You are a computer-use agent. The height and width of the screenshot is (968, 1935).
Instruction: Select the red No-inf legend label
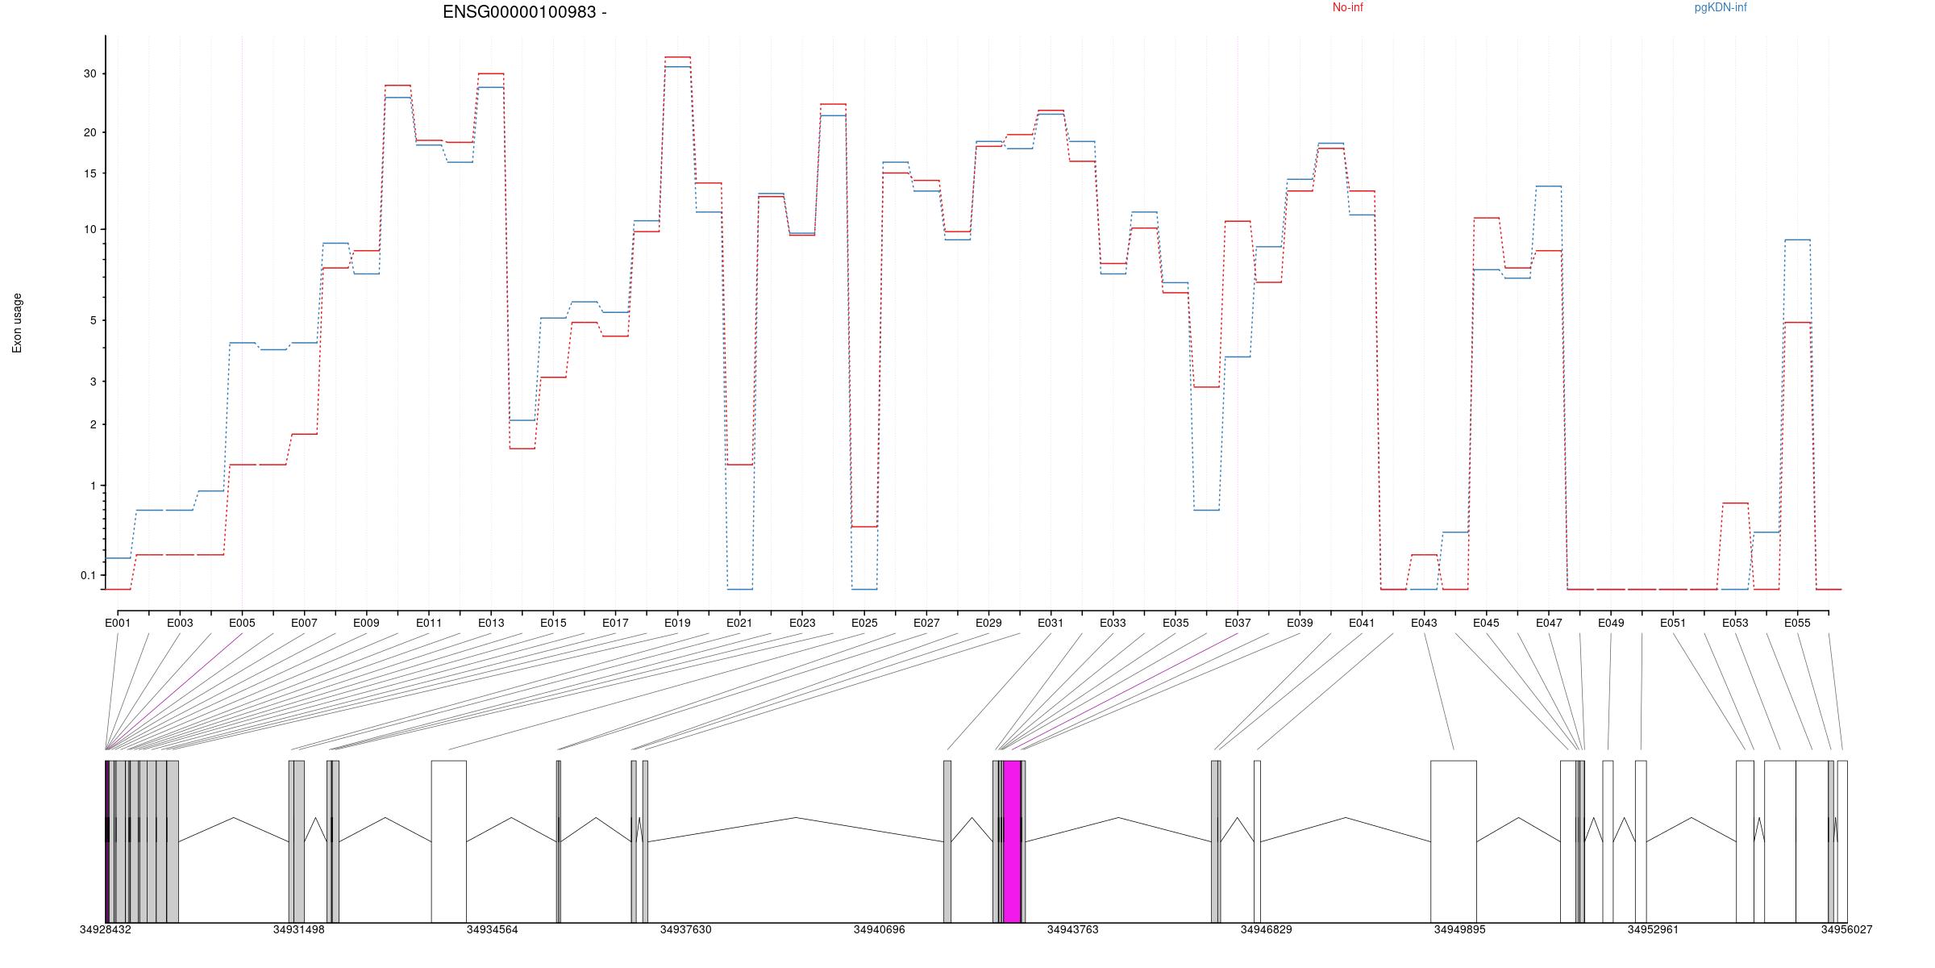tap(1347, 8)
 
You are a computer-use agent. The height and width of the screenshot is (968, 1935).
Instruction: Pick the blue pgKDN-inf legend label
tap(1721, 8)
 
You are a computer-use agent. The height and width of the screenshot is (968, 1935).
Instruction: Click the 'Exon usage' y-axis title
tap(17, 323)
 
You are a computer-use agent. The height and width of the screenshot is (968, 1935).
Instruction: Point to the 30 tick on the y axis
tap(89, 73)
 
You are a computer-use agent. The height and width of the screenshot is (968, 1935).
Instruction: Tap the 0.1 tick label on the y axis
tap(88, 575)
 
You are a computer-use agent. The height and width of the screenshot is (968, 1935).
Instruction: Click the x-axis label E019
tap(677, 623)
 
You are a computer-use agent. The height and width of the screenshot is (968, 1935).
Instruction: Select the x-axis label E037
tap(1238, 623)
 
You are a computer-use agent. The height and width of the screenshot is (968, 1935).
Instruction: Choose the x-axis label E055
tap(1797, 623)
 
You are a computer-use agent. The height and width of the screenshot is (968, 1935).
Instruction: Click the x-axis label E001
tap(118, 623)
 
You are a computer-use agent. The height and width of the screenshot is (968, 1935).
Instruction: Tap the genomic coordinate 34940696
tap(879, 929)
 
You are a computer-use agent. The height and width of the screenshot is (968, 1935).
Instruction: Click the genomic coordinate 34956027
tap(1846, 929)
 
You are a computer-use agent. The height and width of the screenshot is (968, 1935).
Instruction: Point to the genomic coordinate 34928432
tap(105, 929)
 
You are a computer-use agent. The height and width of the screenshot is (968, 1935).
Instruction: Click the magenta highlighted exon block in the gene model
tap(1012, 841)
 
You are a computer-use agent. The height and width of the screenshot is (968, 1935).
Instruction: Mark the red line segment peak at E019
tap(677, 57)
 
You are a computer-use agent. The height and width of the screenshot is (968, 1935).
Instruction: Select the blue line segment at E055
tap(1797, 240)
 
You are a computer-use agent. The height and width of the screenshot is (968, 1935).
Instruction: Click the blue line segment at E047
tap(1548, 186)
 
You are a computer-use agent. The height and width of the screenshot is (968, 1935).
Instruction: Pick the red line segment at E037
tap(1238, 221)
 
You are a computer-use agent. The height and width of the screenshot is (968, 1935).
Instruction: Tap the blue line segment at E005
tap(242, 343)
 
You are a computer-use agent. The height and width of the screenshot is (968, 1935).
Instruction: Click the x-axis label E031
tap(1051, 623)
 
